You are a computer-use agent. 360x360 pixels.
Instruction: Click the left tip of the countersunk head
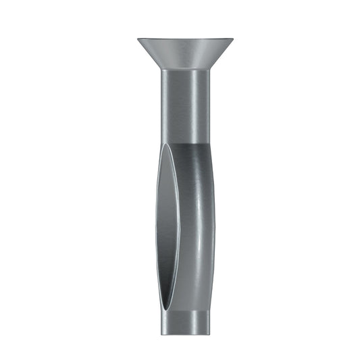pyautogui.click(x=138, y=39)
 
